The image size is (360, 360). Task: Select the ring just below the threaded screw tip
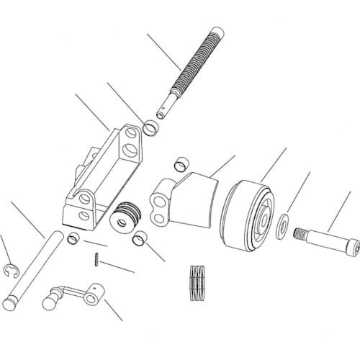pos(152,130)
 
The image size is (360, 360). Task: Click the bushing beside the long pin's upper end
pos(73,238)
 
